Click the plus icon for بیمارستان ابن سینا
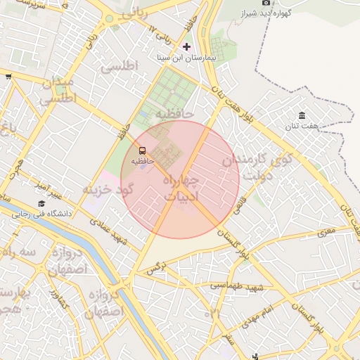pos(186,46)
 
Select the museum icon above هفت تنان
pos(302,115)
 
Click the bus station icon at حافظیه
pos(142,150)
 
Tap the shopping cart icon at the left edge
pos(8,77)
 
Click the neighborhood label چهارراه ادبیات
pos(181,188)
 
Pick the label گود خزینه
pos(107,190)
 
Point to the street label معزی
pos(327,231)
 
